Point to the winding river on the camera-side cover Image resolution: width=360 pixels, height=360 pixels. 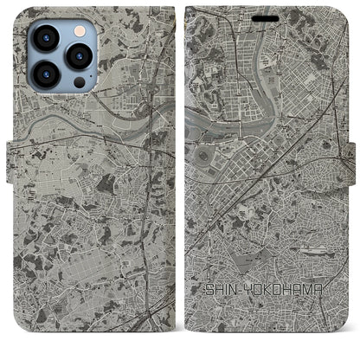78,130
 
